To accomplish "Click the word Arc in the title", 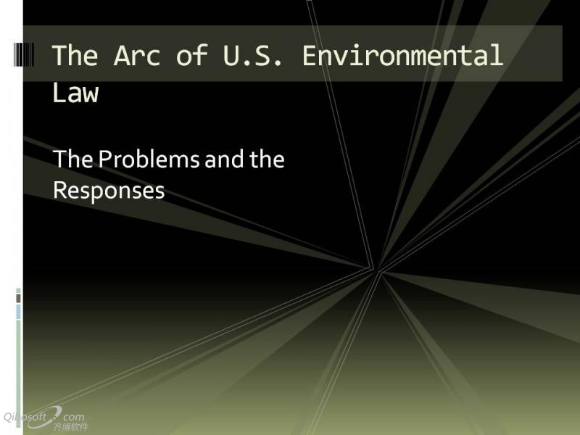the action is coord(137,55).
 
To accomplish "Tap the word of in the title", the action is coord(191,55).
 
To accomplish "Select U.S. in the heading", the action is coord(252,55).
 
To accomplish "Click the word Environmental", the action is coord(403,55).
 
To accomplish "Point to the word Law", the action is coord(75,93).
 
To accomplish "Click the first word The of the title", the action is coord(75,55).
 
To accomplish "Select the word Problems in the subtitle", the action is coord(149,159).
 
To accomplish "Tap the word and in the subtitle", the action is coord(224,159).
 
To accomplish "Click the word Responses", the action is coord(109,191).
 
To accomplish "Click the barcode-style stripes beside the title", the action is coord(24,55).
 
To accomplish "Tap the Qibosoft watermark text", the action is coord(25,418).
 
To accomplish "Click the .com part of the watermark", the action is coord(73,418).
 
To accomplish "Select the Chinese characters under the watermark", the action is coord(70,427).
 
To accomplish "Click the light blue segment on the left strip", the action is coord(19,312).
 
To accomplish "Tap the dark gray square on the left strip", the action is coord(19,299).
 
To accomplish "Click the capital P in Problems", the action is coord(104,159).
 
